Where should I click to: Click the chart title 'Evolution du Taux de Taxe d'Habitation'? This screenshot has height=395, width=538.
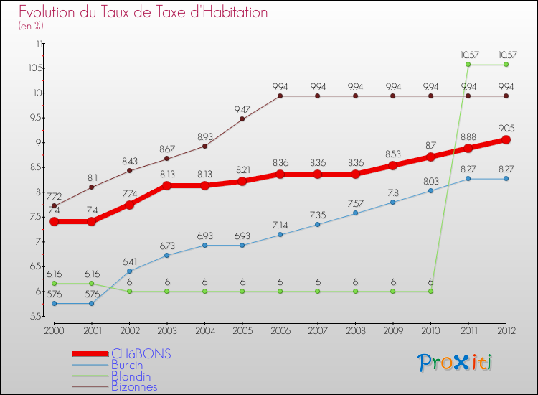[143, 12]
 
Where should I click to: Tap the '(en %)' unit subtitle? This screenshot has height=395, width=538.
[31, 26]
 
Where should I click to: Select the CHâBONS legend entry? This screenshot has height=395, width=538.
[141, 354]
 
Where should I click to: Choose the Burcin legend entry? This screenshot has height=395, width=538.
[127, 365]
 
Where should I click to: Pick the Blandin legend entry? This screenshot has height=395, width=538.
[131, 376]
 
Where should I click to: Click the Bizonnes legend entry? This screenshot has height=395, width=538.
[134, 386]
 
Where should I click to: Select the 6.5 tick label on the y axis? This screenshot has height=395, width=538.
[35, 266]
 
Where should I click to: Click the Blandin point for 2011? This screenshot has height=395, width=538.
[468, 65]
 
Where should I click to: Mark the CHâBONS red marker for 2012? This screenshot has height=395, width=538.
[506, 140]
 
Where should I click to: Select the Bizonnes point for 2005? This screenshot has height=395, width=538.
[242, 118]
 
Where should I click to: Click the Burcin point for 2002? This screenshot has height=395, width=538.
[129, 271]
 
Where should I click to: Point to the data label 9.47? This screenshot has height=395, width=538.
[242, 109]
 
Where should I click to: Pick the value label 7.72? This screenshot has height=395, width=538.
[54, 196]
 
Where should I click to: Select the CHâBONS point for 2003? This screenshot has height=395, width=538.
[167, 185]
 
